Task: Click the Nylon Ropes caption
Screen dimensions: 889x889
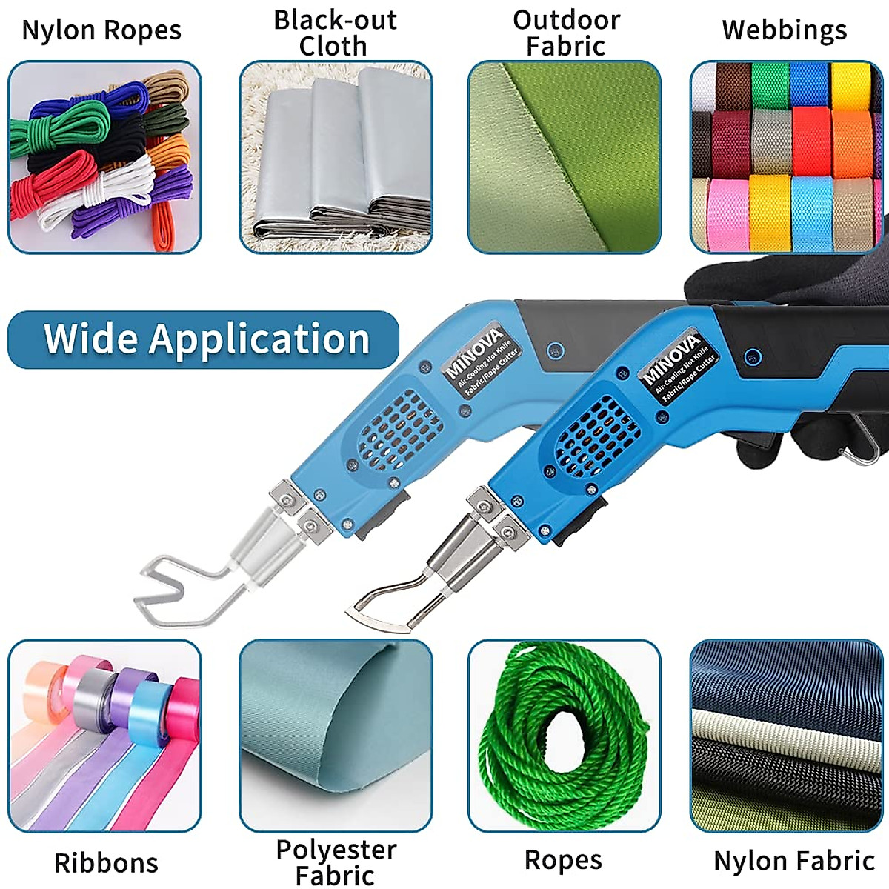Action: (x=101, y=31)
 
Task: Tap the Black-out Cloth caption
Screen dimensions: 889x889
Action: (x=335, y=33)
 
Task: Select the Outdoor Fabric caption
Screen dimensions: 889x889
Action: (x=566, y=33)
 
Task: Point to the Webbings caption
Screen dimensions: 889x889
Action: (x=785, y=31)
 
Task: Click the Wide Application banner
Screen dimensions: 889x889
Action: (x=204, y=340)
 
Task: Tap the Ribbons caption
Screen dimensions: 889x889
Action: (x=106, y=863)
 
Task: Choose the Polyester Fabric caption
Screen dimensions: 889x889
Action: (x=336, y=862)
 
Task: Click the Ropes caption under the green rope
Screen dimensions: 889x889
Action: (x=563, y=860)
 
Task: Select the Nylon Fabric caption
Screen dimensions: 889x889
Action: (x=794, y=861)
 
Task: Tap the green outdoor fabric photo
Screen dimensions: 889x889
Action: (x=564, y=157)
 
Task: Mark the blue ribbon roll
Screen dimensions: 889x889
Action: (x=148, y=712)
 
